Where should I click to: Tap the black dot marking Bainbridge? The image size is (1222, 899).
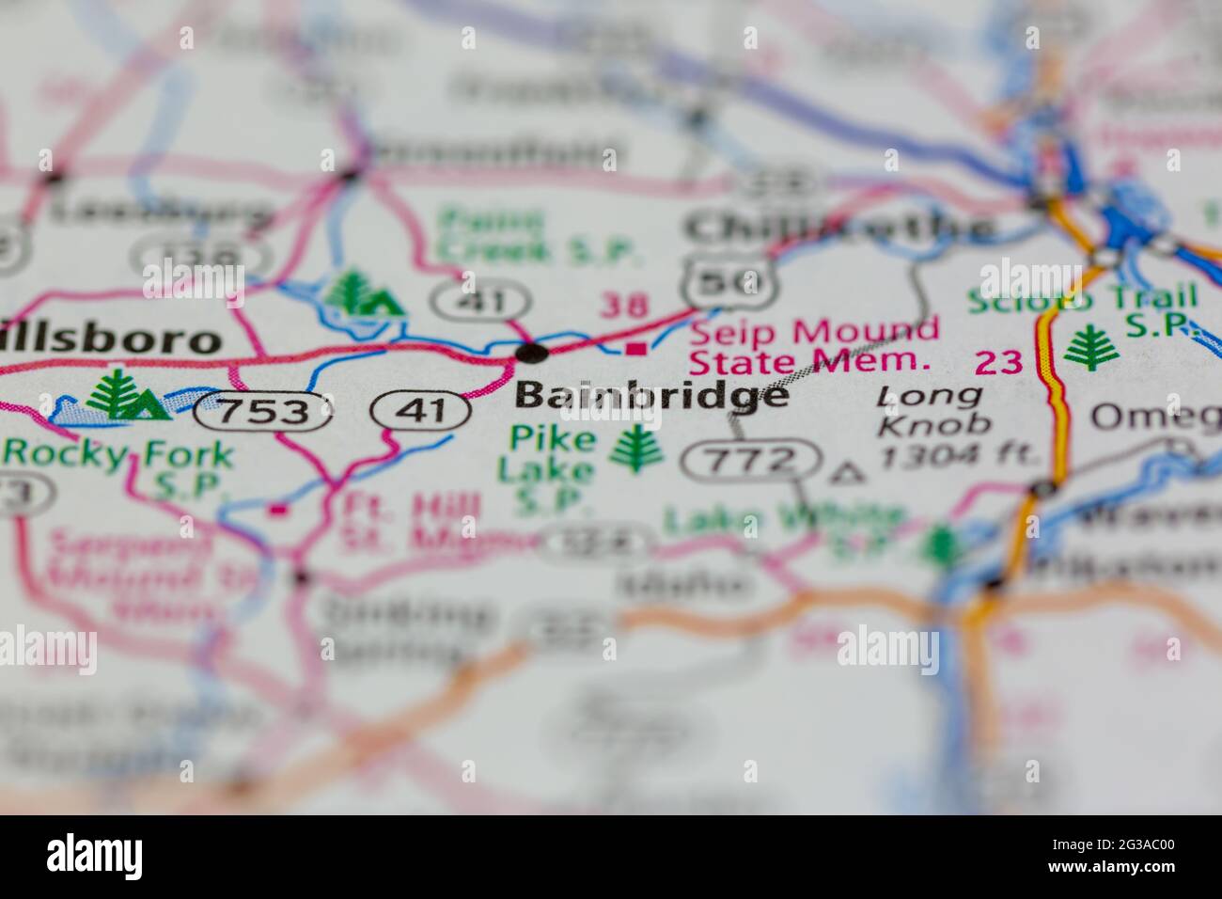click(532, 354)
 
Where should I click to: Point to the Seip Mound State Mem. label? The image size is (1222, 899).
click(814, 344)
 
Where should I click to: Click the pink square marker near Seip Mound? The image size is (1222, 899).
click(636, 349)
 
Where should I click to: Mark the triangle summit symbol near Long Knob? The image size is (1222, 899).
click(848, 473)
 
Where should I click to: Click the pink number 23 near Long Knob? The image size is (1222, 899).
click(998, 362)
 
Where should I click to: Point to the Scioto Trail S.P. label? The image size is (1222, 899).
click(1084, 310)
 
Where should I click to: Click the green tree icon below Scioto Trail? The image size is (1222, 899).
click(1090, 349)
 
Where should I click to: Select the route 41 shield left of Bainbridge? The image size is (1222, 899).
click(420, 411)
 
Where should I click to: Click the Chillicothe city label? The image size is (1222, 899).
click(838, 228)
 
